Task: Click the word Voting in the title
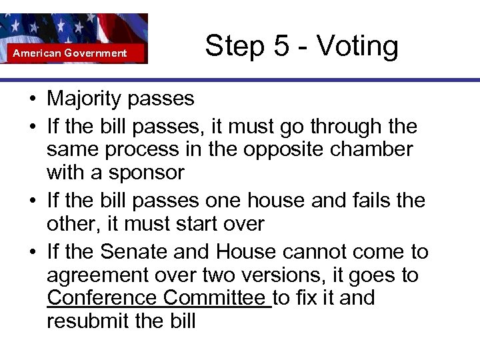[x=357, y=47]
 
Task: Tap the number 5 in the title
[x=274, y=47]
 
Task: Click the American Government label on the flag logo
[x=70, y=53]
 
